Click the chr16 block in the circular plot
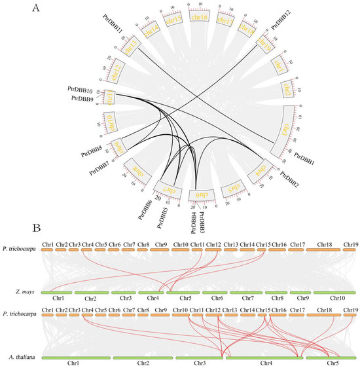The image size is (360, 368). tap(199, 20)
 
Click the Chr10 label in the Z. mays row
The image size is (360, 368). tap(336, 298)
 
